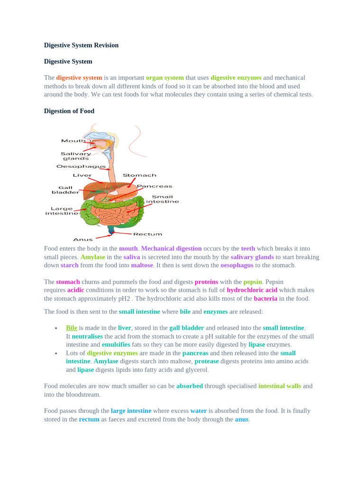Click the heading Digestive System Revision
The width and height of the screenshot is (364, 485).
tap(81, 45)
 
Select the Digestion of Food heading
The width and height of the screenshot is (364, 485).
tap(69, 111)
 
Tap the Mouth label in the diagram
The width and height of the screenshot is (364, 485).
tap(73, 141)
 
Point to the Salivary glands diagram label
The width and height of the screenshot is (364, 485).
tap(76, 156)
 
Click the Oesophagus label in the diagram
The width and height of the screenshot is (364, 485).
tap(81, 166)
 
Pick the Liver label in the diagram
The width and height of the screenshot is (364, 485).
tap(82, 175)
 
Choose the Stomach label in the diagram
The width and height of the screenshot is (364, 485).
tap(139, 175)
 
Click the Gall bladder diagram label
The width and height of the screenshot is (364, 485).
tap(65, 190)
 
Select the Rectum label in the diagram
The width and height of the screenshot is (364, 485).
tap(147, 234)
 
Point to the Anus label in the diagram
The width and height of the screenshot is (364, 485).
tap(83, 239)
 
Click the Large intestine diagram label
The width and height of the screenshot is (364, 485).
tap(62, 211)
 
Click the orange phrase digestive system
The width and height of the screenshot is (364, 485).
tap(79, 78)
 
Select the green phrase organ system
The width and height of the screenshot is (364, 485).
tap(164, 78)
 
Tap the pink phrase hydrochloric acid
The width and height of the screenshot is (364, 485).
tap(252, 290)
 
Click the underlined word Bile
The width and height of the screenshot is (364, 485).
tap(72, 328)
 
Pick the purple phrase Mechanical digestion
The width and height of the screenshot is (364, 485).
tap(171, 249)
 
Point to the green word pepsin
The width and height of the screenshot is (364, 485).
tap(253, 282)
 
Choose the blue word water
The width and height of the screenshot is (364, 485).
tap(198, 411)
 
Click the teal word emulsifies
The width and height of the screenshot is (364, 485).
tap(118, 345)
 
